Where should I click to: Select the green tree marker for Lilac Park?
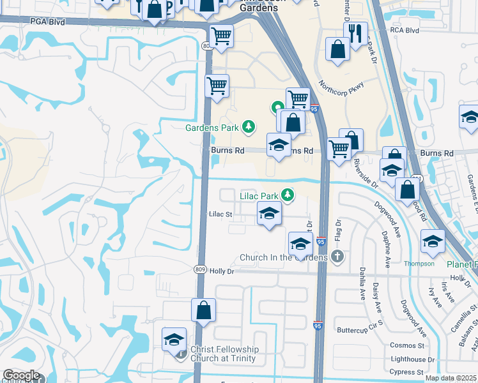288,194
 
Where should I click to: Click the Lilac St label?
220,214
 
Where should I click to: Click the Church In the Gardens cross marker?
337,257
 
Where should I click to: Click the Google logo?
21,375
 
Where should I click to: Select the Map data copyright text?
451,378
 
